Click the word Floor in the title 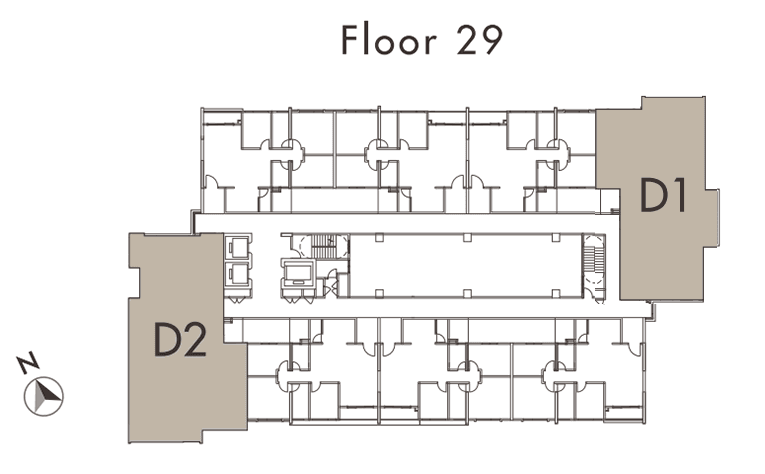coord(388,40)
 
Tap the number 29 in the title coord(479,40)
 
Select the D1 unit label coord(663,195)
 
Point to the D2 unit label coord(180,339)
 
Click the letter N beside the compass coord(28,362)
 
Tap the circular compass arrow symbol coord(44,396)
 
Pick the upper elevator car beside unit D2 coord(239,246)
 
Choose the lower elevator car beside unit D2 coord(239,273)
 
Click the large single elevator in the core coord(299,273)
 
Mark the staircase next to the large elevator coord(322,246)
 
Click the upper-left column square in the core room coord(379,238)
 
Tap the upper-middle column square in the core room coord(467,238)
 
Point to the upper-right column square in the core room coord(555,238)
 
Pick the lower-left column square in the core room coord(379,293)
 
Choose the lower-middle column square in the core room coord(467,293)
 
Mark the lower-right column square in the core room coord(555,293)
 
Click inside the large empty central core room coord(466,266)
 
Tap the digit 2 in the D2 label coord(194,339)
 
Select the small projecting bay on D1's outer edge coord(711,217)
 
